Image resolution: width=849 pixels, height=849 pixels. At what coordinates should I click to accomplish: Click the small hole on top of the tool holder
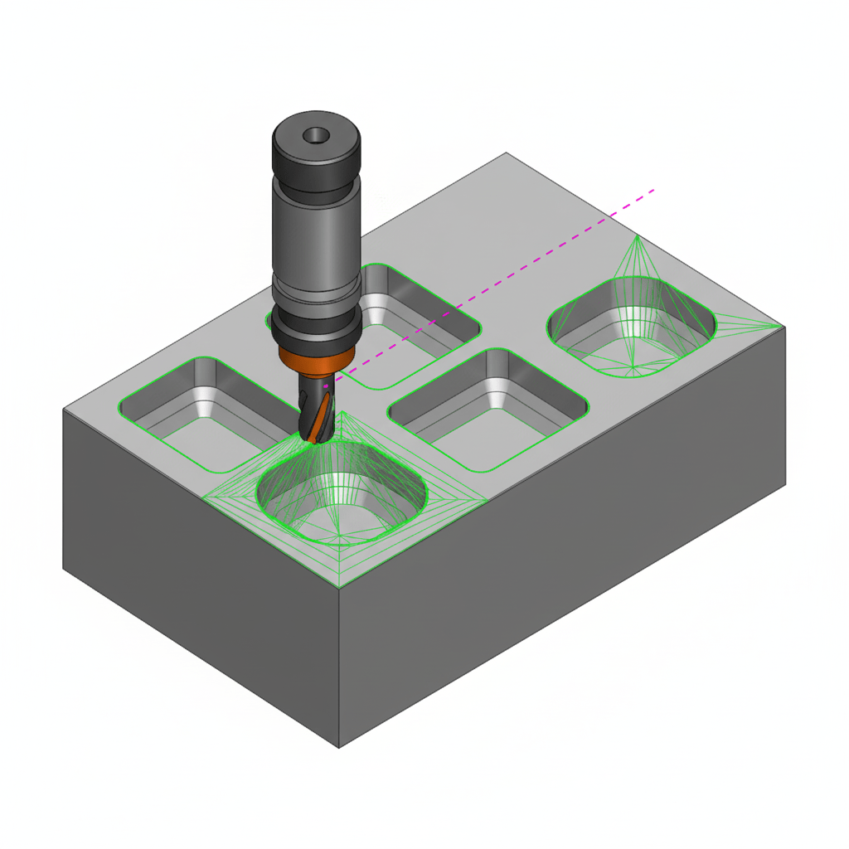pyautogui.click(x=315, y=134)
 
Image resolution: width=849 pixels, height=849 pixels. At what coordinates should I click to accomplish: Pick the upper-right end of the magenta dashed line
pyautogui.click(x=655, y=190)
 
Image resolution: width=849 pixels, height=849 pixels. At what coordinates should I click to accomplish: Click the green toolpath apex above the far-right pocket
pyautogui.click(x=637, y=236)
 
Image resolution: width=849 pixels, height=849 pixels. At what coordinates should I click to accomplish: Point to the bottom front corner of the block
pyautogui.click(x=340, y=747)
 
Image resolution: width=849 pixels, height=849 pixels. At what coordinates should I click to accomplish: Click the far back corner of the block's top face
pyautogui.click(x=506, y=153)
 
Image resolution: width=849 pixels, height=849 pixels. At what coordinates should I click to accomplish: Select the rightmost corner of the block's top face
pyautogui.click(x=784, y=327)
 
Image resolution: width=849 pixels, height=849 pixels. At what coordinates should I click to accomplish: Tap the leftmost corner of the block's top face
pyautogui.click(x=65, y=409)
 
